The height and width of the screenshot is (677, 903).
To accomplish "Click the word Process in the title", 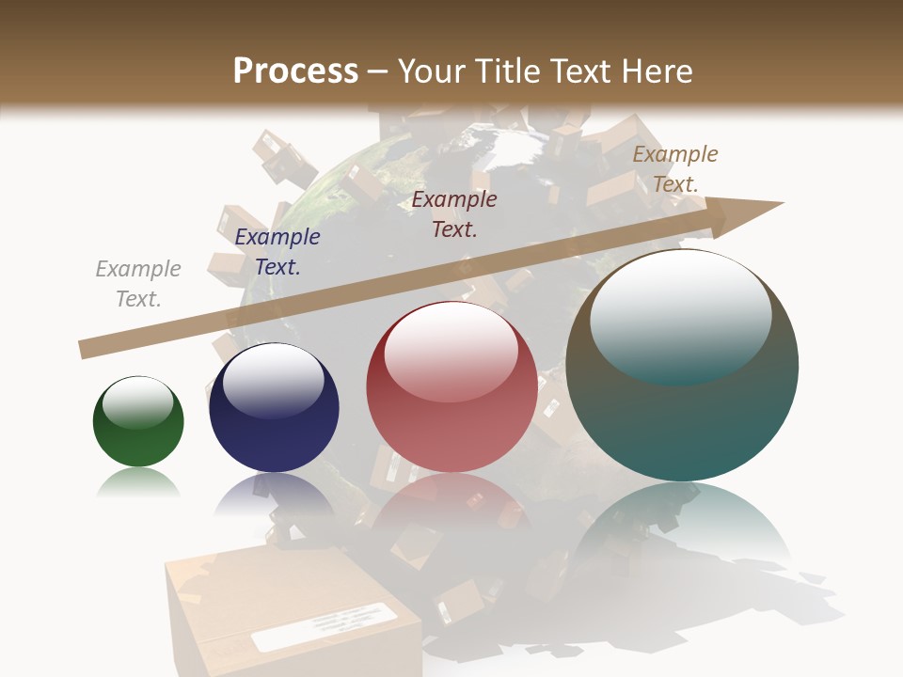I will point(295,71).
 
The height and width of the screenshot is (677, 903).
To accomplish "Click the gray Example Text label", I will point(138,284).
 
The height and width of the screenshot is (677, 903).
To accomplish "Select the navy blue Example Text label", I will point(277,252).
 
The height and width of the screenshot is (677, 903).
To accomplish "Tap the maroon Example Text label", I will point(454,213).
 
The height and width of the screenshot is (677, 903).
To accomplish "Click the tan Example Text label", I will point(675,168).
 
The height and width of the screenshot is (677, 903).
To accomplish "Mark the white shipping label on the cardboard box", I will point(325,626).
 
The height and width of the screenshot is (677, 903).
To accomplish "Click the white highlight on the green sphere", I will point(138,401).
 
